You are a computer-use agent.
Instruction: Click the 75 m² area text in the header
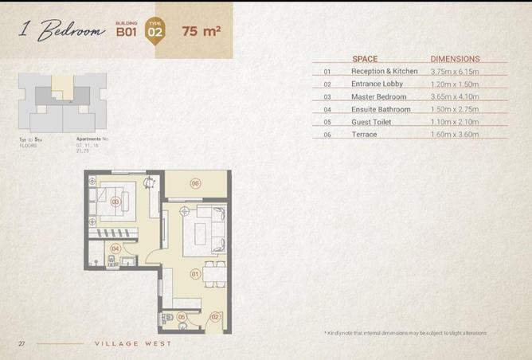[201, 32]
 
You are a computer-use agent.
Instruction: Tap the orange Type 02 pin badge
[156, 33]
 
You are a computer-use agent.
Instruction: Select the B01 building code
[127, 33]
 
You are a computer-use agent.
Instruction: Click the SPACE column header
[365, 59]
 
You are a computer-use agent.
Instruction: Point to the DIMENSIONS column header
[455, 59]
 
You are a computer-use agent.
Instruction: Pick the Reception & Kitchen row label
[384, 71]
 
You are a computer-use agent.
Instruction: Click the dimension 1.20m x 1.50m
[455, 84]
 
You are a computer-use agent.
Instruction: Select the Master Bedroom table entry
[378, 96]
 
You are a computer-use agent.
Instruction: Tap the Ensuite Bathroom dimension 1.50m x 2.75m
[455, 109]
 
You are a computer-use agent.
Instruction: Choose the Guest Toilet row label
[372, 122]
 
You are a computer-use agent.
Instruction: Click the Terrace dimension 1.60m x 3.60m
[455, 135]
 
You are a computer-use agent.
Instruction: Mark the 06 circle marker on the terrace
[195, 183]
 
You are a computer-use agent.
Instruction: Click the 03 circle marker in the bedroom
[115, 202]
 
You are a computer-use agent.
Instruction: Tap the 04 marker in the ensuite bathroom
[115, 248]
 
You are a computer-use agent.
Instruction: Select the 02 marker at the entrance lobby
[214, 317]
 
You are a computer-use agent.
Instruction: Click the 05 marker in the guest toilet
[181, 317]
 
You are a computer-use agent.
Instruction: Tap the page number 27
[22, 343]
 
